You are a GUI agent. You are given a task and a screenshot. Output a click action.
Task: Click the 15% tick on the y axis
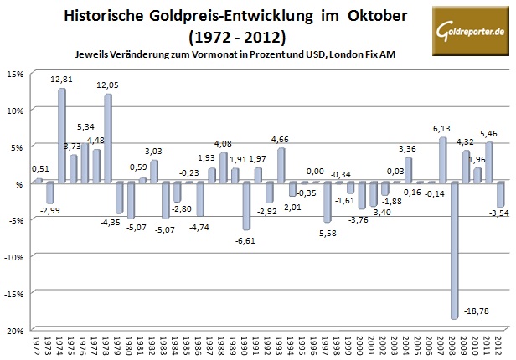pos(14,73)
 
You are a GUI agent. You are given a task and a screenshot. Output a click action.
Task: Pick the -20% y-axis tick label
pos(13,330)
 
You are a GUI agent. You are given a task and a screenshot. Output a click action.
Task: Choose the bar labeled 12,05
pos(108,138)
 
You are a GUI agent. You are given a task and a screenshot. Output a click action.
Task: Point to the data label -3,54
pos(501,215)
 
